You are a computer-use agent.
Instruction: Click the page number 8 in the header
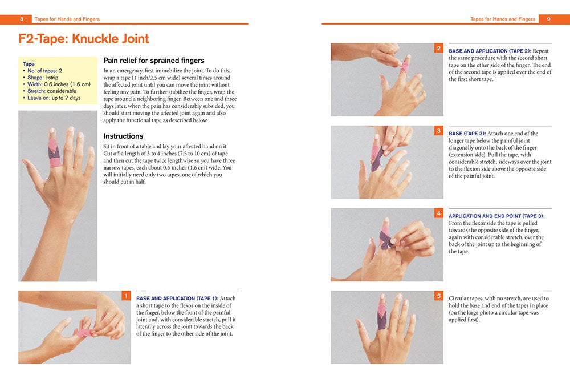[22, 19]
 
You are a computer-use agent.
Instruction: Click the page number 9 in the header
[548, 19]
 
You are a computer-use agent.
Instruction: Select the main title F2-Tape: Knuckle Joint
[84, 39]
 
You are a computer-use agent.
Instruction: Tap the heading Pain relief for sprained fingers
[153, 61]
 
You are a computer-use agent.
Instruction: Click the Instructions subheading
[123, 136]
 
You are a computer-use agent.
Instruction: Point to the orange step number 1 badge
[127, 296]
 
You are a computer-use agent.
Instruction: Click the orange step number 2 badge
[438, 48]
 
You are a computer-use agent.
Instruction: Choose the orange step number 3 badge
[438, 131]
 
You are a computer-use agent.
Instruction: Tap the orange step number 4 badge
[438, 213]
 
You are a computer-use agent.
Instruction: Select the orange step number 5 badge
[438, 296]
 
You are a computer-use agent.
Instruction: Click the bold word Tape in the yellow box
[28, 64]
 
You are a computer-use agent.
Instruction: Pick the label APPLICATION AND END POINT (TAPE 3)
[496, 216]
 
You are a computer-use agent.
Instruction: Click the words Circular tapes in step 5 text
[465, 299]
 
